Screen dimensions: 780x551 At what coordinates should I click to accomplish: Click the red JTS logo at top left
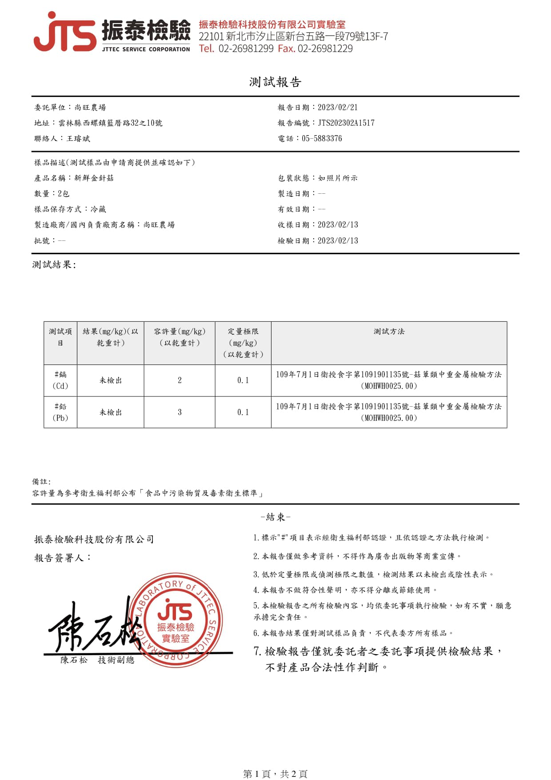click(64, 32)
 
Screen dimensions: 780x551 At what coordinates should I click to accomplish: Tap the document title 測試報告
click(275, 82)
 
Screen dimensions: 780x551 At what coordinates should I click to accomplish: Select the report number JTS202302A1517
click(346, 123)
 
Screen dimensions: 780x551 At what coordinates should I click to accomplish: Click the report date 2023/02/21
click(338, 108)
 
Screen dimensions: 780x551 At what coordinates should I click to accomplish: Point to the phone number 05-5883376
click(322, 139)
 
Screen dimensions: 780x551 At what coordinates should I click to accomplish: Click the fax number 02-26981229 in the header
click(325, 48)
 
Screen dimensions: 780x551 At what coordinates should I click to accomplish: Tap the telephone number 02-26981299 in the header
click(246, 48)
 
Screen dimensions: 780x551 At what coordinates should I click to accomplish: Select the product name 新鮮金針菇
click(94, 178)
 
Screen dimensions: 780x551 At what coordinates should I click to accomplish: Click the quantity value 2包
click(64, 194)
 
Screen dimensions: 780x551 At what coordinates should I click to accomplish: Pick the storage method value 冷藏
click(98, 209)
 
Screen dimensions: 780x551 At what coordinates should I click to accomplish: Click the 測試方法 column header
click(389, 332)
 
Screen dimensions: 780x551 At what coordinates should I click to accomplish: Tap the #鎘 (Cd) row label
click(60, 380)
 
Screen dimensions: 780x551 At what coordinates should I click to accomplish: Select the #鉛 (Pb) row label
click(60, 412)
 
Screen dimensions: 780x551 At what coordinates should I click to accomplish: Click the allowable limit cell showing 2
click(180, 380)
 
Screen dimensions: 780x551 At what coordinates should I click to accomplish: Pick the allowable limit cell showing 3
click(180, 412)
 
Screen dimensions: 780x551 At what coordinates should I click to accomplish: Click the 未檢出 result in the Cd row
click(111, 380)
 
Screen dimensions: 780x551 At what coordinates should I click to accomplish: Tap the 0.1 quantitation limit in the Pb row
click(243, 412)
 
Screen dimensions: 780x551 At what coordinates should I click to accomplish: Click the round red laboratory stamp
click(176, 620)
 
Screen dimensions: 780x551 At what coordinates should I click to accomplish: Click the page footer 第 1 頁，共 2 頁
click(275, 774)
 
